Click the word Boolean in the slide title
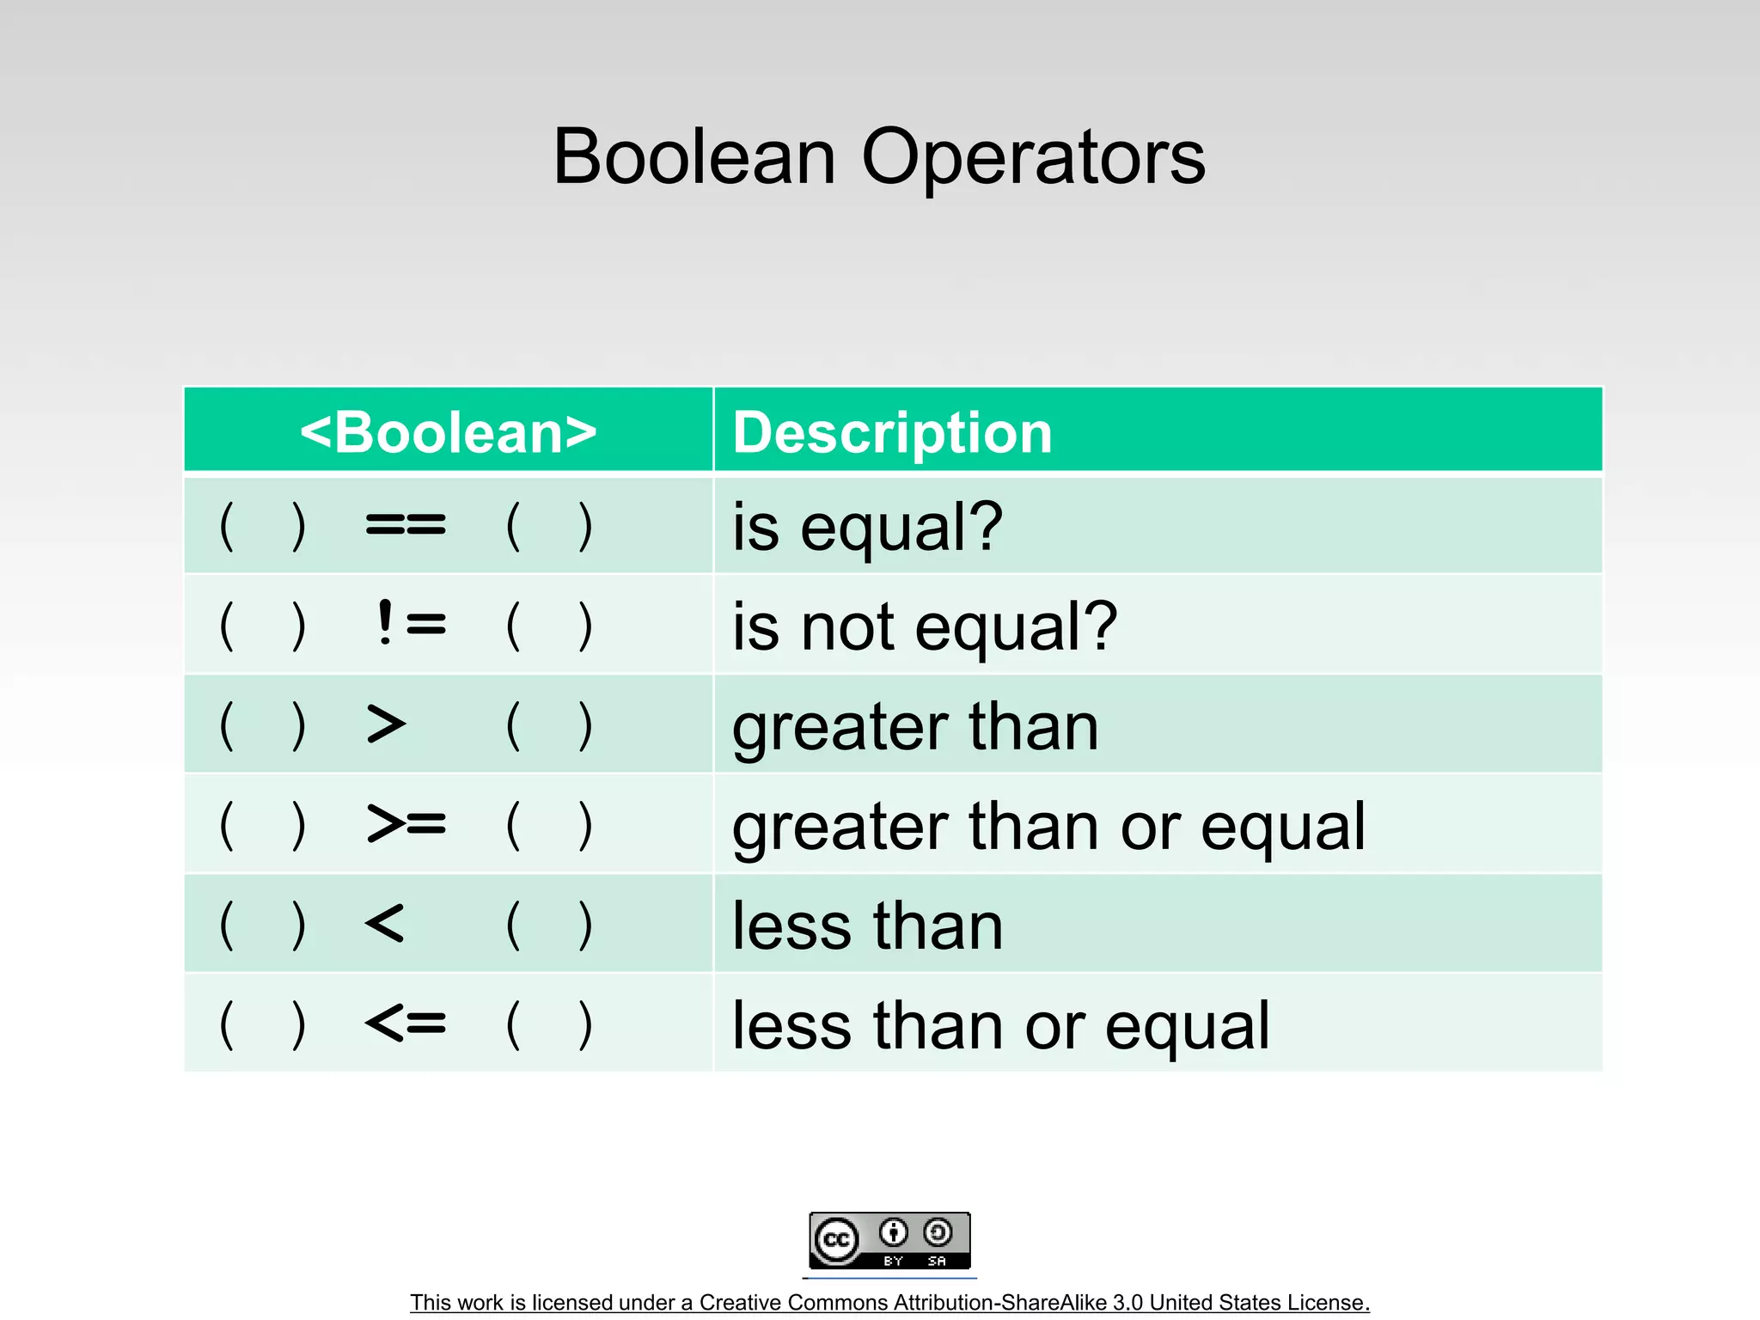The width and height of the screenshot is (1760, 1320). (694, 157)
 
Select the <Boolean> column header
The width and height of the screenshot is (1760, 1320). (448, 431)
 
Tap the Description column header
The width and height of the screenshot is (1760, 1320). (892, 431)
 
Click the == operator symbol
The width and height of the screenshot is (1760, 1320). (406, 524)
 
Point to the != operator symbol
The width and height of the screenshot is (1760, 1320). (411, 623)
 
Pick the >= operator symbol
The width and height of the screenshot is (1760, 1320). (406, 824)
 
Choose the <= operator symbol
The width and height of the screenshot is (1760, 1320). (406, 1023)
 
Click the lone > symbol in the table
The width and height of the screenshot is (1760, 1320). (386, 724)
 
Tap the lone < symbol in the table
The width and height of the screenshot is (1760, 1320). (384, 924)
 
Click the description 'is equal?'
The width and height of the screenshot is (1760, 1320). (867, 527)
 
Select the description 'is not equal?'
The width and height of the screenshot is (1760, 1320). (925, 626)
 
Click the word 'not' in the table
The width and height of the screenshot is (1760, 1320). (847, 626)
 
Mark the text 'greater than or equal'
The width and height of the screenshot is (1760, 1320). (1048, 826)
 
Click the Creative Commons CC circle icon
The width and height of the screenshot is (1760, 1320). (836, 1240)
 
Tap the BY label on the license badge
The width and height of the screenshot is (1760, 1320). (893, 1261)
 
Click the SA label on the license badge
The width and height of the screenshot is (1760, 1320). (937, 1261)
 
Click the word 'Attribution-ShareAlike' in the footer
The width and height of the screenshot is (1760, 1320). (967, 1303)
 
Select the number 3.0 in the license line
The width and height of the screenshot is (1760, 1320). (1127, 1303)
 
